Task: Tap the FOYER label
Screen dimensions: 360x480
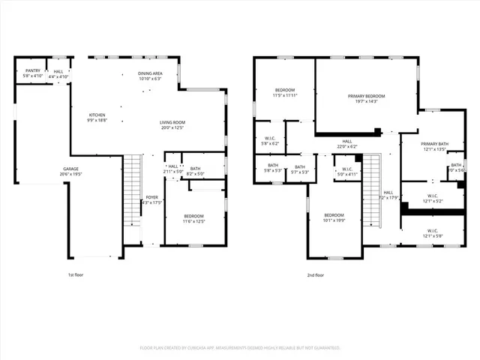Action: point(151,199)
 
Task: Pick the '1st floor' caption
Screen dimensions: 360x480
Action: point(76,275)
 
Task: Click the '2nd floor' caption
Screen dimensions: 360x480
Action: point(316,275)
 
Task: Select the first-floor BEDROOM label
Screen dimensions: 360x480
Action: point(194,218)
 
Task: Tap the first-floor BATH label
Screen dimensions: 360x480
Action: point(195,170)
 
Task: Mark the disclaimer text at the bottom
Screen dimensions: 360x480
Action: point(240,348)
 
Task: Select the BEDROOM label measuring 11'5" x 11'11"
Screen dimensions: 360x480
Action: point(284,92)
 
